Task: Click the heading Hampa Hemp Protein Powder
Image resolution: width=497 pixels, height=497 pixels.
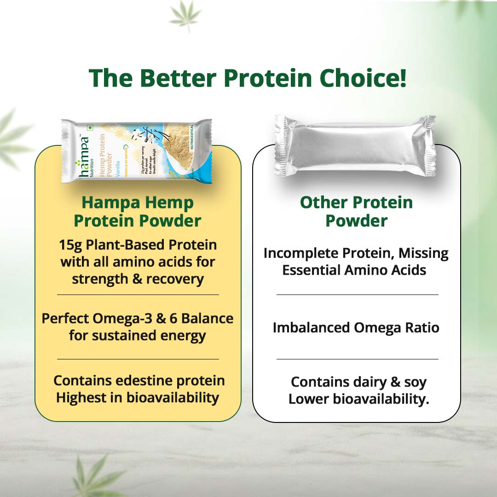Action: click(x=138, y=212)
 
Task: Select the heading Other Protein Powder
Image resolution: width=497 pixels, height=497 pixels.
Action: click(x=356, y=212)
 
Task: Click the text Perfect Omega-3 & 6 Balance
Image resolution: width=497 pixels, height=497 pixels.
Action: click(x=138, y=318)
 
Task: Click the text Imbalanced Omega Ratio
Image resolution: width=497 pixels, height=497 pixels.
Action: click(x=356, y=328)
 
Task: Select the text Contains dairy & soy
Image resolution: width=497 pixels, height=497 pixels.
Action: click(x=358, y=382)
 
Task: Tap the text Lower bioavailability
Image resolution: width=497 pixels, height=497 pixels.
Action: click(x=358, y=399)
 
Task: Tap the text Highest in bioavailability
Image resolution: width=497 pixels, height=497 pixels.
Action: click(x=138, y=398)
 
